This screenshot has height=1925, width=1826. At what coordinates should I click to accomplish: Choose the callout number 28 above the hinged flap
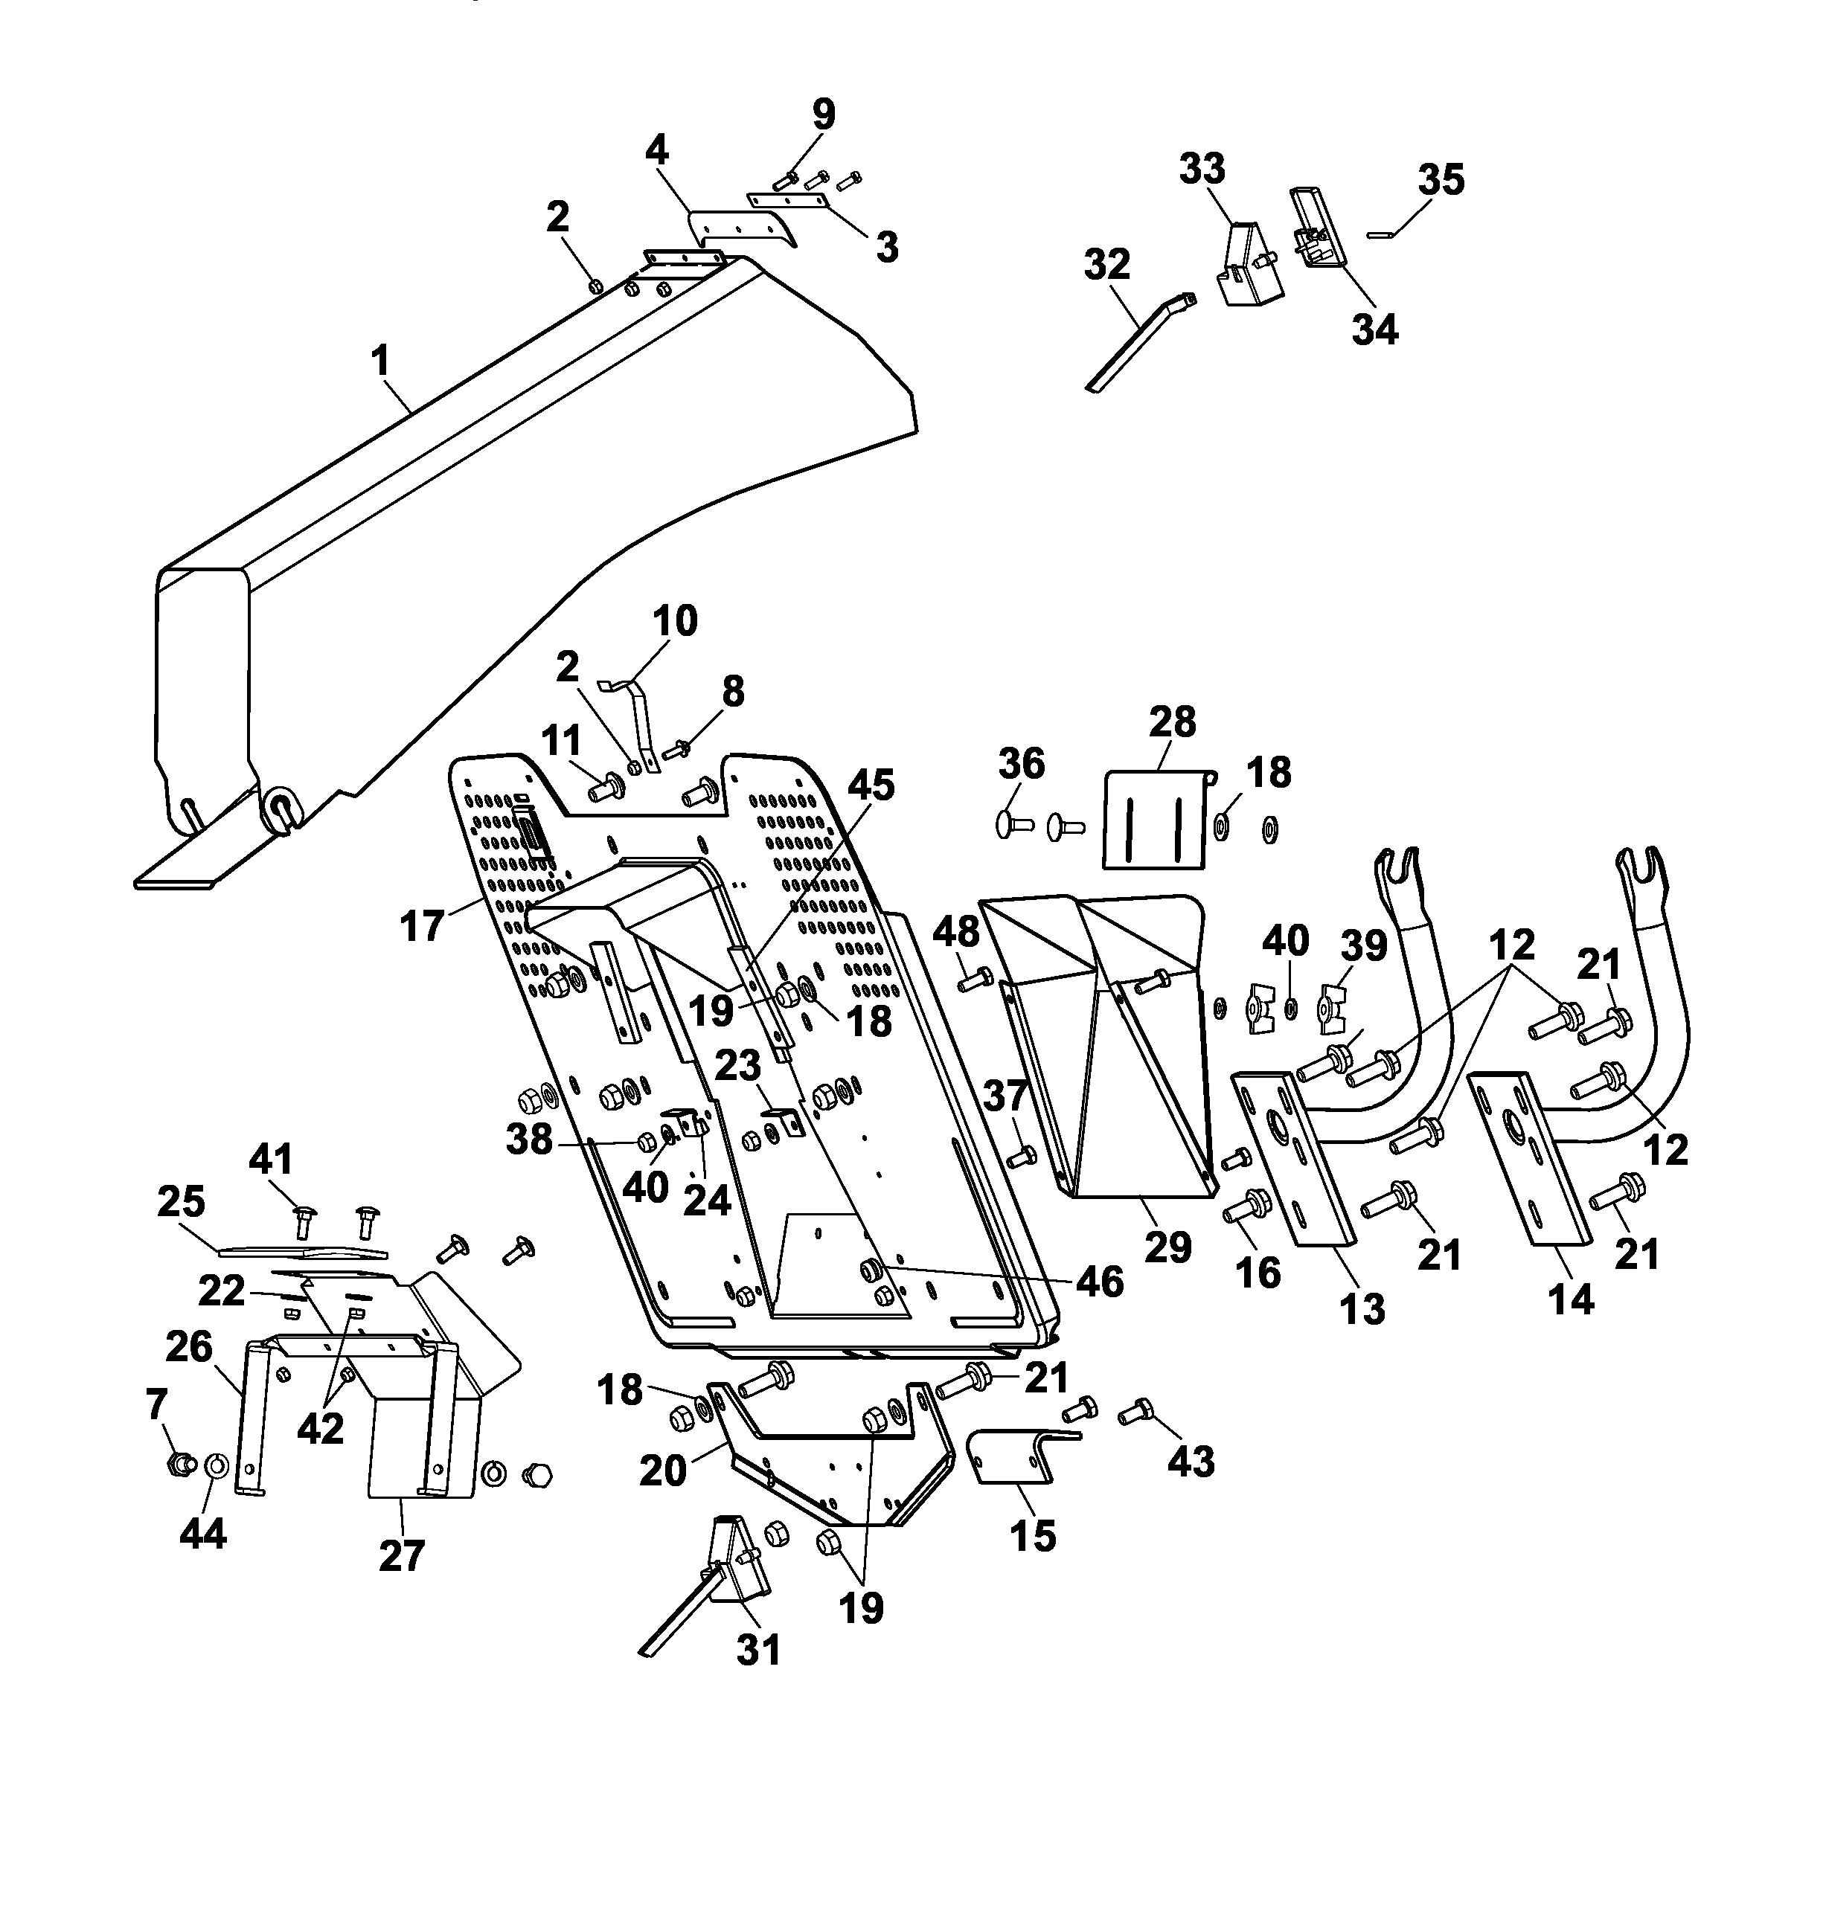coord(1172,722)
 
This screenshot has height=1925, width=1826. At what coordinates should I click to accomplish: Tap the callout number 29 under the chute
coord(1168,1247)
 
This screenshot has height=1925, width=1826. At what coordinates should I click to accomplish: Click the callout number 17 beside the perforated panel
coord(421,925)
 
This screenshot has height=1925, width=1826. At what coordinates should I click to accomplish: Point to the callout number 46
coord(1100,1282)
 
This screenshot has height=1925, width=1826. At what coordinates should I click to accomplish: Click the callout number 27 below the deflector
coord(401,1555)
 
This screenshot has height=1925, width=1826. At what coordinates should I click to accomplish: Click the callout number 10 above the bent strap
coord(675,620)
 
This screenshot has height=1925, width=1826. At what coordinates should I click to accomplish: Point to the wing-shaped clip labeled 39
coord(1331,1009)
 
